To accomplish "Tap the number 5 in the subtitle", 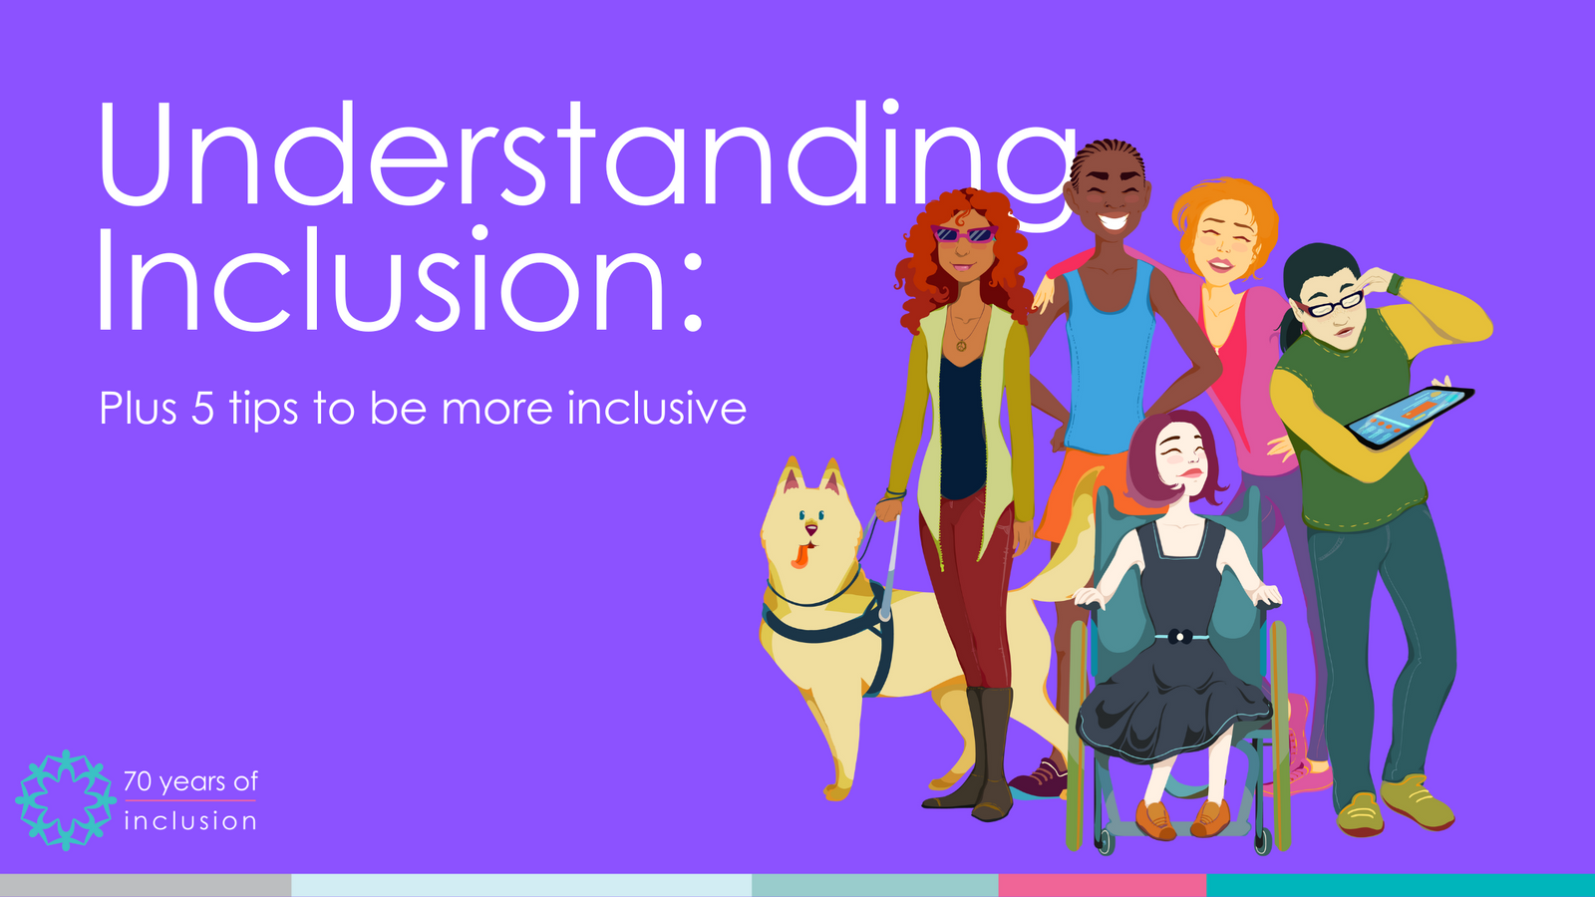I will (202, 409).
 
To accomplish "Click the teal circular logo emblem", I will (66, 799).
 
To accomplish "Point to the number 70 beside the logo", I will (138, 781).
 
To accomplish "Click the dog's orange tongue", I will (799, 556).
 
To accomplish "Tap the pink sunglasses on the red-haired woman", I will (963, 235).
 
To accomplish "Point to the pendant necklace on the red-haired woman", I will (961, 345).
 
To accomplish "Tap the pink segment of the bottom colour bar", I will (1102, 885).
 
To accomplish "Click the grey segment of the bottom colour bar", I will (145, 885).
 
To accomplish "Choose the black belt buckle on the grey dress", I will (1180, 636).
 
